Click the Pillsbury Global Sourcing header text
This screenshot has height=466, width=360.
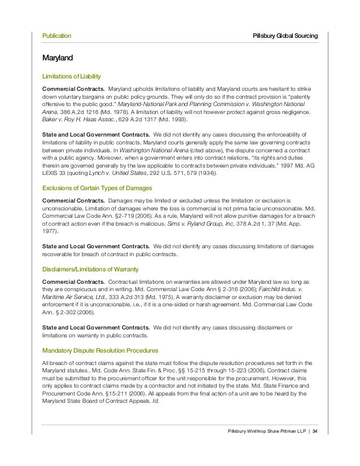(x=286, y=36)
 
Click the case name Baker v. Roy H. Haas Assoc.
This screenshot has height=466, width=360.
(x=74, y=120)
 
